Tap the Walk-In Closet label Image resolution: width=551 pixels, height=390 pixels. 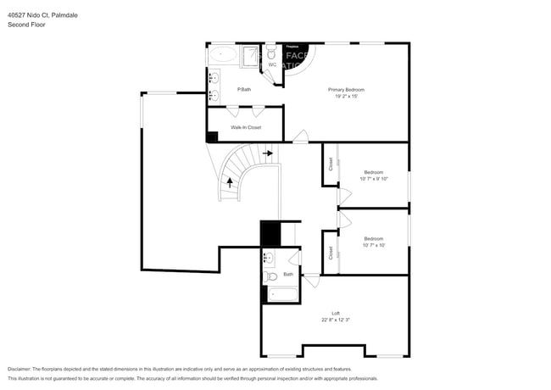[x=246, y=128]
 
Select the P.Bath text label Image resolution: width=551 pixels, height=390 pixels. [x=244, y=89]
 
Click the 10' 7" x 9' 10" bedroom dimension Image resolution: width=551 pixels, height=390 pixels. [x=374, y=179]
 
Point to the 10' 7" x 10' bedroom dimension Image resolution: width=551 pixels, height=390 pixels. [x=374, y=246]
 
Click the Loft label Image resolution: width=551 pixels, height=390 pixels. [x=336, y=313]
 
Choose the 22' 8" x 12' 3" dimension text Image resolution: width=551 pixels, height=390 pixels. [x=336, y=320]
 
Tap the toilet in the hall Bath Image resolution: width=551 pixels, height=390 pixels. [x=270, y=276]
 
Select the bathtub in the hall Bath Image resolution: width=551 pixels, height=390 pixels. [x=280, y=295]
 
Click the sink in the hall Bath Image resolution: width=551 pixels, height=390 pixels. [x=268, y=258]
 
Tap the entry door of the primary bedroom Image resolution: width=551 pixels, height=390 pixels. [x=299, y=136]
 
